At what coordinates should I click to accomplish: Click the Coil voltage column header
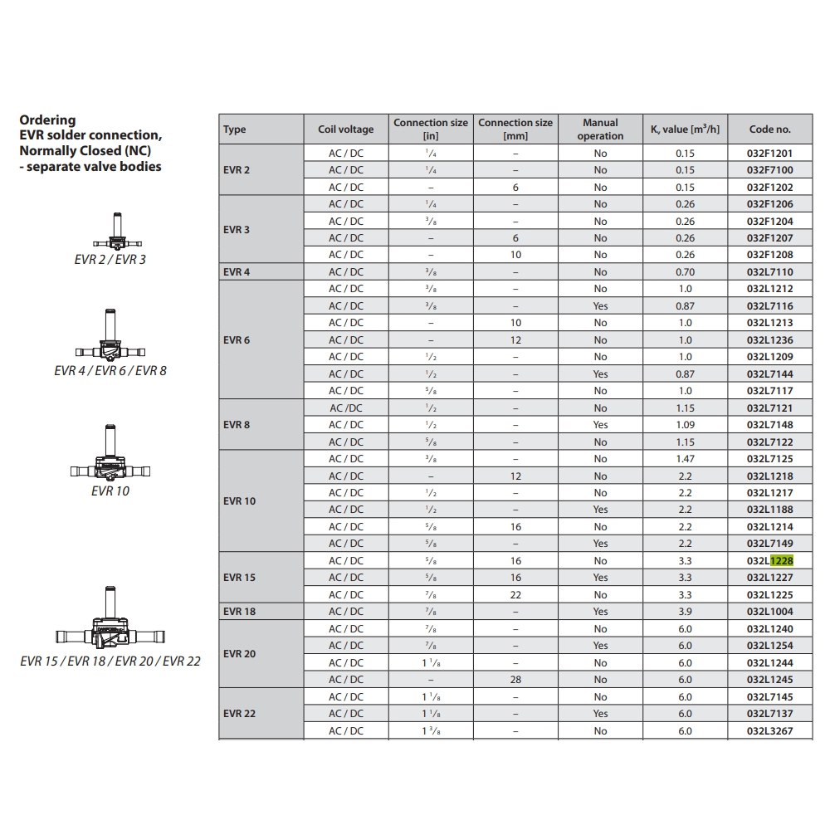(345, 129)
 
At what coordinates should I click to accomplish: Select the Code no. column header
(769, 129)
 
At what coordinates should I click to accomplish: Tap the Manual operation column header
(600, 129)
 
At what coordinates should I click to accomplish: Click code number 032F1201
(769, 154)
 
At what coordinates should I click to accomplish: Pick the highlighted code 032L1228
(769, 561)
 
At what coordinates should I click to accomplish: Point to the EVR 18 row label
(239, 612)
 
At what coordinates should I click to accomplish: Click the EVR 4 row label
(236, 272)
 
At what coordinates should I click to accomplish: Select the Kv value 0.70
(685, 272)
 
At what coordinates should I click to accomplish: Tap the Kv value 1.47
(685, 459)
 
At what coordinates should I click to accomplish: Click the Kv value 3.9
(685, 612)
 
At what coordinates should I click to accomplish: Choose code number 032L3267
(769, 731)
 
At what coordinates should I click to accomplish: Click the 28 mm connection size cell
(515, 680)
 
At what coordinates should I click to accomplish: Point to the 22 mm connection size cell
(515, 595)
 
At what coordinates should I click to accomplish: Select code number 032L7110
(769, 272)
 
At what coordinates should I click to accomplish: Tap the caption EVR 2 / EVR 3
(110, 260)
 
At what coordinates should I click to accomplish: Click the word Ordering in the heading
(47, 120)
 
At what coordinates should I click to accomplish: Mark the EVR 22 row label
(239, 714)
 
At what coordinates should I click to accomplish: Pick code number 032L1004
(769, 612)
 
